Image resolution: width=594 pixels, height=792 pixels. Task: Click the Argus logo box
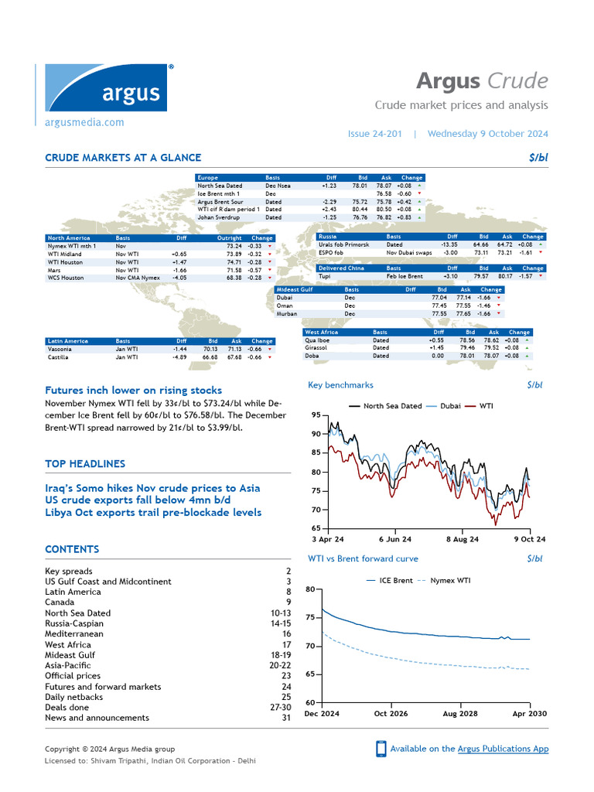pyautogui.click(x=106, y=88)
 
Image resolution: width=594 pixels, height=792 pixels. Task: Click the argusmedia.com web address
pyautogui.click(x=84, y=122)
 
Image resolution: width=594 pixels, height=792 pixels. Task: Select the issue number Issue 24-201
pyautogui.click(x=375, y=134)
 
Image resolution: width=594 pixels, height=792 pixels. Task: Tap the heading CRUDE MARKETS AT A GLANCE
pyautogui.click(x=123, y=158)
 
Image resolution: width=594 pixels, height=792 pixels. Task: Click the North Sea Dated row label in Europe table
pyautogui.click(x=220, y=186)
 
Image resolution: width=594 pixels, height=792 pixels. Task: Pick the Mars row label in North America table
pyautogui.click(x=55, y=269)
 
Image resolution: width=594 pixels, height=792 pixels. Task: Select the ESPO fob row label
pyautogui.click(x=331, y=252)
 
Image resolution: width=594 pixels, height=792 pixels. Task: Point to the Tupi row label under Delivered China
pyautogui.click(x=325, y=276)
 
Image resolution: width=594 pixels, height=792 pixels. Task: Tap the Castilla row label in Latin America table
pyautogui.click(x=59, y=357)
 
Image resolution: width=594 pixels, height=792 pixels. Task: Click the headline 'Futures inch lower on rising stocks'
pyautogui.click(x=133, y=391)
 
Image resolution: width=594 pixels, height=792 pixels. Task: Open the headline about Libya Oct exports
pyautogui.click(x=153, y=513)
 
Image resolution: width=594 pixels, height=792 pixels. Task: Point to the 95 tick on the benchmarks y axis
pyautogui.click(x=315, y=415)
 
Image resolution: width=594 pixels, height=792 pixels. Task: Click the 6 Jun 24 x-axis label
pyautogui.click(x=394, y=539)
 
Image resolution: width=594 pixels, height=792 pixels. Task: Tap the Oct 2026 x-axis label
pyautogui.click(x=391, y=713)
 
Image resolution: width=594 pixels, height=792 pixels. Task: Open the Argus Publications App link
pyautogui.click(x=503, y=749)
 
